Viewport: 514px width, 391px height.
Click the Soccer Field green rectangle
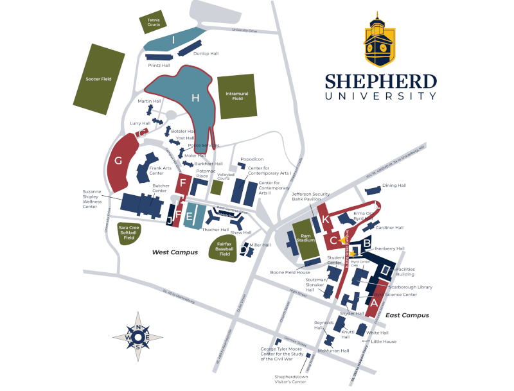pyautogui.click(x=98, y=78)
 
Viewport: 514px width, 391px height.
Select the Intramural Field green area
pyautogui.click(x=236, y=96)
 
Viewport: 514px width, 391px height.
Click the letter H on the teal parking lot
pyautogui.click(x=195, y=98)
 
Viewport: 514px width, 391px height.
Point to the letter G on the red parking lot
pyautogui.click(x=118, y=161)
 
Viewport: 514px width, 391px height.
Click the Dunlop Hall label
pyautogui.click(x=206, y=54)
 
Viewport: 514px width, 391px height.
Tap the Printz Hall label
pyautogui.click(x=159, y=65)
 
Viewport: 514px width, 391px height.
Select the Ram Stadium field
pyautogui.click(x=306, y=238)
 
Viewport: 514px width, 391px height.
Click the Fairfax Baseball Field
pyautogui.click(x=225, y=247)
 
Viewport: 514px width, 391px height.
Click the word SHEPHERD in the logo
pyautogui.click(x=380, y=82)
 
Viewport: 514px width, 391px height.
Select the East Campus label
pyautogui.click(x=407, y=315)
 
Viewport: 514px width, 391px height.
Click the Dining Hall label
pyautogui.click(x=394, y=186)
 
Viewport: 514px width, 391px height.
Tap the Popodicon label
pyautogui.click(x=252, y=159)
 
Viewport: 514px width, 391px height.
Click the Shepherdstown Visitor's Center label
pyautogui.click(x=290, y=379)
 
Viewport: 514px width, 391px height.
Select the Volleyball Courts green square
pyautogui.click(x=218, y=187)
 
